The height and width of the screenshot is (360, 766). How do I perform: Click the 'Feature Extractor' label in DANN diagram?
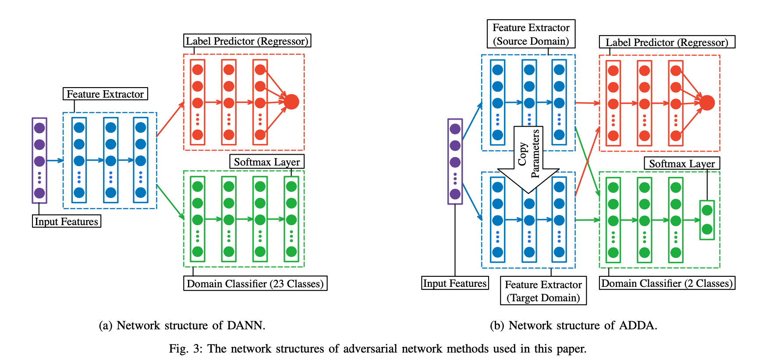pos(105,94)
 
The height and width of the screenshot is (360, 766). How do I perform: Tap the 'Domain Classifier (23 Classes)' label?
pos(255,284)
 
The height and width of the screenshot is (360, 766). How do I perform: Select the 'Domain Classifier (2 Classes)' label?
pos(667,283)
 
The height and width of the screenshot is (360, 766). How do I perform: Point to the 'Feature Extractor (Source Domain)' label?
pos(531,34)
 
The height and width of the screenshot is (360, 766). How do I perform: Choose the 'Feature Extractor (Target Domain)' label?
pos(543,291)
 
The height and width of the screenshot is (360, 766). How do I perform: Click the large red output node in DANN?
pos(291,102)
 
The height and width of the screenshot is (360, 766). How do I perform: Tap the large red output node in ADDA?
pos(707,103)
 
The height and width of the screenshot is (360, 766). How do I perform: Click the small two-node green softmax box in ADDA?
pos(707,220)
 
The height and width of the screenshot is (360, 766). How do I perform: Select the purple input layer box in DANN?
pos(39,160)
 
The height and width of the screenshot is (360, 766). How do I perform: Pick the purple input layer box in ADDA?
pos(455,161)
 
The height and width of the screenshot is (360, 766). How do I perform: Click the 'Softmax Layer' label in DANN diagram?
pos(266,162)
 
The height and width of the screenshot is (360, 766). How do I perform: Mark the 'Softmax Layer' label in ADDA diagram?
pos(681,164)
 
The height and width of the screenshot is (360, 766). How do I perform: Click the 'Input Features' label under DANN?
pos(67,222)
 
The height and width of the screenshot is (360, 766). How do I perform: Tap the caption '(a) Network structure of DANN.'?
pos(182,325)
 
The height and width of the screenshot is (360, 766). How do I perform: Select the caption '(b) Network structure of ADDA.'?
pos(573,325)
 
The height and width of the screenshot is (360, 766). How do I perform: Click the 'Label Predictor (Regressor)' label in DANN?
pos(247,41)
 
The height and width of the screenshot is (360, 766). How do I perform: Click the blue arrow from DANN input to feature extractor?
pos(55,161)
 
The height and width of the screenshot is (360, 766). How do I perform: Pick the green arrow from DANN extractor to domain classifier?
pos(170,201)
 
